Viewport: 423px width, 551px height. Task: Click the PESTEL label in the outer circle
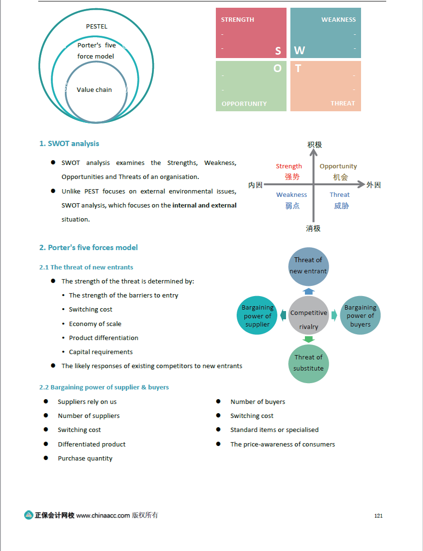pyautogui.click(x=96, y=27)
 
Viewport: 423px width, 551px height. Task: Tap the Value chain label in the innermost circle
pyautogui.click(x=94, y=89)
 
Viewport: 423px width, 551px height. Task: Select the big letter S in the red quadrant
pyautogui.click(x=278, y=51)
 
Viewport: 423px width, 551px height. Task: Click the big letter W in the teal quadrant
pyautogui.click(x=300, y=50)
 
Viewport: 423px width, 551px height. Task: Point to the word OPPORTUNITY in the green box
pyautogui.click(x=244, y=104)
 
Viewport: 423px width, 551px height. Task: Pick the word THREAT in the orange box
pyautogui.click(x=343, y=103)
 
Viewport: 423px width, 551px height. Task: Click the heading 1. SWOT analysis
pyautogui.click(x=69, y=143)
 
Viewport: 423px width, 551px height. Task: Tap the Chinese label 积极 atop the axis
pyautogui.click(x=314, y=145)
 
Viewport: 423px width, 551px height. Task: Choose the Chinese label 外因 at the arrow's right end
pyautogui.click(x=374, y=185)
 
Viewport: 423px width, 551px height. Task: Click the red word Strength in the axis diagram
pyautogui.click(x=289, y=166)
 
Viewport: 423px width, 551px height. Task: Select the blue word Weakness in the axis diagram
pyautogui.click(x=291, y=194)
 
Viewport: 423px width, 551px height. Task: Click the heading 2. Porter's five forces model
pyautogui.click(x=89, y=247)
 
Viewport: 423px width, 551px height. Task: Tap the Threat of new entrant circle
pyautogui.click(x=308, y=266)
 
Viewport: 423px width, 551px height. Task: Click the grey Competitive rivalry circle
pyautogui.click(x=309, y=315)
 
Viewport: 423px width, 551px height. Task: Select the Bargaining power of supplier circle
pyautogui.click(x=257, y=315)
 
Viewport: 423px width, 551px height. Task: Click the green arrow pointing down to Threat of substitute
pyautogui.click(x=308, y=340)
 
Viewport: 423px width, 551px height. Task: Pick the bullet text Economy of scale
pyautogui.click(x=95, y=324)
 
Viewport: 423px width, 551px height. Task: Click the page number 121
pyautogui.click(x=378, y=516)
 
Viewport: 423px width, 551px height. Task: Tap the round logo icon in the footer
pyautogui.click(x=29, y=515)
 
